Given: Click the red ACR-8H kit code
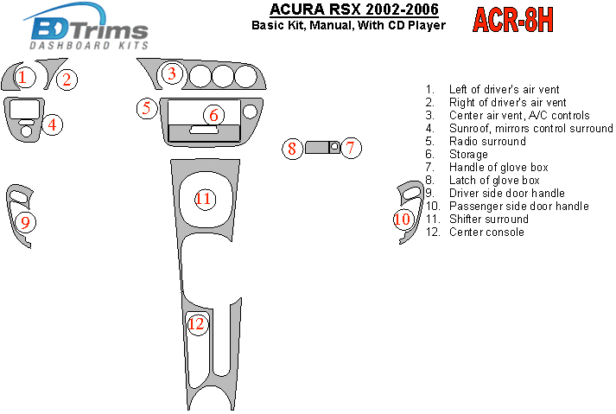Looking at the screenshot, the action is (x=512, y=20).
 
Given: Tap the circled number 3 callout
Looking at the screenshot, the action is (x=172, y=73).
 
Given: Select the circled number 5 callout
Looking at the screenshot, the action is (x=147, y=108).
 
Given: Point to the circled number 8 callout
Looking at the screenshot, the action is (x=292, y=149).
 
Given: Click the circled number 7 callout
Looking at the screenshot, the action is (x=351, y=148).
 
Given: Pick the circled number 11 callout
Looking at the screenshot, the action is (x=205, y=199).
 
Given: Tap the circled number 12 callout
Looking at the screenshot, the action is (x=197, y=324).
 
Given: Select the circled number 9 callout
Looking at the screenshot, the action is (x=26, y=222).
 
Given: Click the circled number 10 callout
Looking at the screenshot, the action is (x=403, y=219).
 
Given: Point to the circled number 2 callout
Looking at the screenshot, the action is (x=67, y=80).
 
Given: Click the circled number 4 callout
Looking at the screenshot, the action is (x=52, y=124).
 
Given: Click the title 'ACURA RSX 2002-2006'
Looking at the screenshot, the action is (x=354, y=9).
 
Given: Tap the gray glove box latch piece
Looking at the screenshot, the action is (x=316, y=148).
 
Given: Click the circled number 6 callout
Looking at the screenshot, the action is (x=213, y=115).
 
